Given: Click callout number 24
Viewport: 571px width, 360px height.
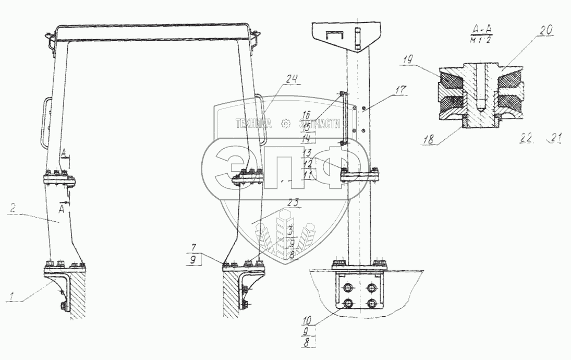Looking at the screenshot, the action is [291, 80].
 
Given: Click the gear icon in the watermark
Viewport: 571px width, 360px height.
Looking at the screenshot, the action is [285, 124].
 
